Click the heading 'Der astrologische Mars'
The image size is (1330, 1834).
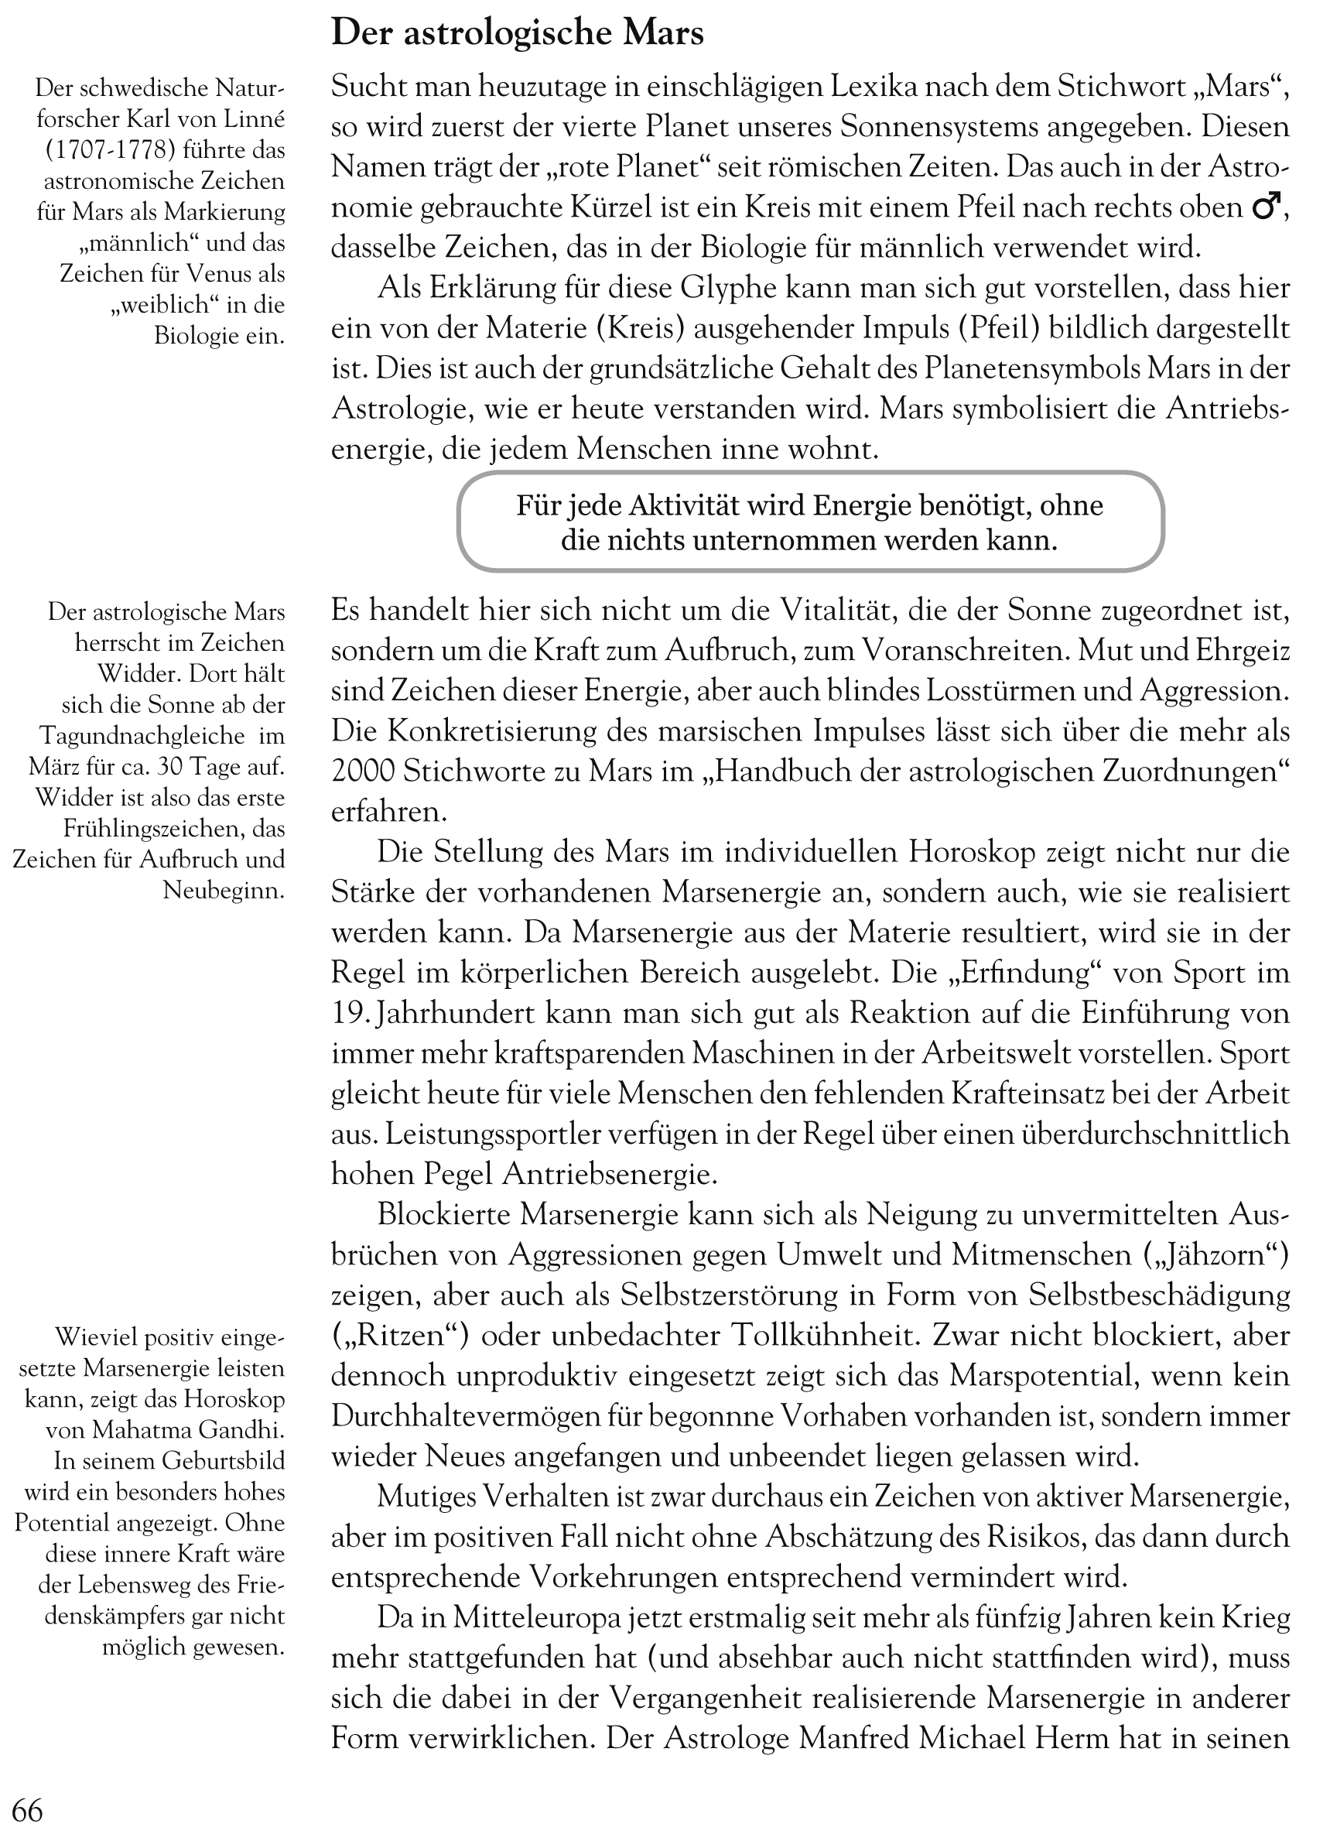(x=518, y=34)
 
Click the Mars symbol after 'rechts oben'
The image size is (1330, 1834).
(x=1264, y=208)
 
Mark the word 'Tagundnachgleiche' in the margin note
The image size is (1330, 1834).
(x=142, y=736)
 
